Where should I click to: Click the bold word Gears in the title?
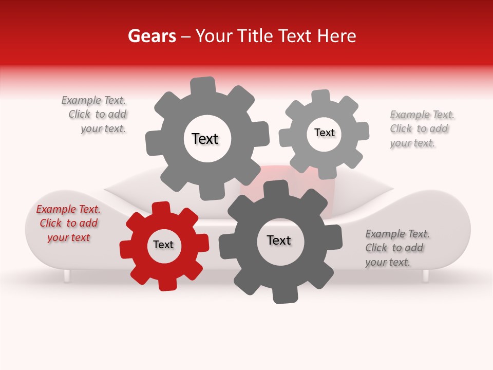pyautogui.click(x=151, y=36)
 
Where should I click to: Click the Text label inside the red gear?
pyautogui.click(x=163, y=245)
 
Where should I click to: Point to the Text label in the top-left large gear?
pyautogui.click(x=205, y=139)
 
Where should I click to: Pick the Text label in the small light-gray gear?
pyautogui.click(x=324, y=133)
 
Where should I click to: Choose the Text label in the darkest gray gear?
pyautogui.click(x=279, y=240)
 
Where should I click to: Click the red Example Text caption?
pyautogui.click(x=68, y=224)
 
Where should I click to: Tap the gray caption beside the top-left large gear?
pyautogui.click(x=95, y=115)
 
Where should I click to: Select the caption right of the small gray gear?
pyautogui.click(x=421, y=129)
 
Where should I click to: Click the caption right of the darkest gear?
pyautogui.click(x=396, y=248)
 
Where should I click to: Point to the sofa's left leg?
pyautogui.click(x=67, y=276)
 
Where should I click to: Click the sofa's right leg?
pyautogui.click(x=425, y=276)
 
